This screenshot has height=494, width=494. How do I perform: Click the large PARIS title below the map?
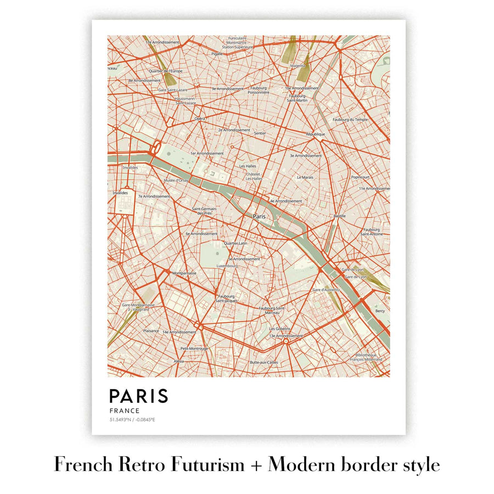point(138,396)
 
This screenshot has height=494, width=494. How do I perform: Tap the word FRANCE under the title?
point(124,411)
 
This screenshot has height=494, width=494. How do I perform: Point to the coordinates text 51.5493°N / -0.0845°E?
point(132,420)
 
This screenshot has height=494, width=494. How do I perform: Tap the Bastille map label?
point(339,216)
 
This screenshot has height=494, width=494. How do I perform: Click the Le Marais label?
point(305,177)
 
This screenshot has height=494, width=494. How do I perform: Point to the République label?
point(316,134)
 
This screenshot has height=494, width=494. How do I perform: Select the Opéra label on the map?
point(200,119)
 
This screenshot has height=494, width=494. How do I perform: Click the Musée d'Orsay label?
point(176,180)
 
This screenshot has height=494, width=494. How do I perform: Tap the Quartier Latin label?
point(236,243)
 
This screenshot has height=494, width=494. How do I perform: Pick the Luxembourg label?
point(227,266)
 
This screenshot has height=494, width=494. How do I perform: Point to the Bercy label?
point(380,311)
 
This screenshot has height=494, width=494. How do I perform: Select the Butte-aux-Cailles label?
point(265,362)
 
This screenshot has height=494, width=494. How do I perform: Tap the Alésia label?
point(179,361)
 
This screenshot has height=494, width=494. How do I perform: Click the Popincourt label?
point(360,177)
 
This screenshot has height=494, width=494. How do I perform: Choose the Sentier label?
point(260,133)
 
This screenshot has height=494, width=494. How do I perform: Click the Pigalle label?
point(217,54)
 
